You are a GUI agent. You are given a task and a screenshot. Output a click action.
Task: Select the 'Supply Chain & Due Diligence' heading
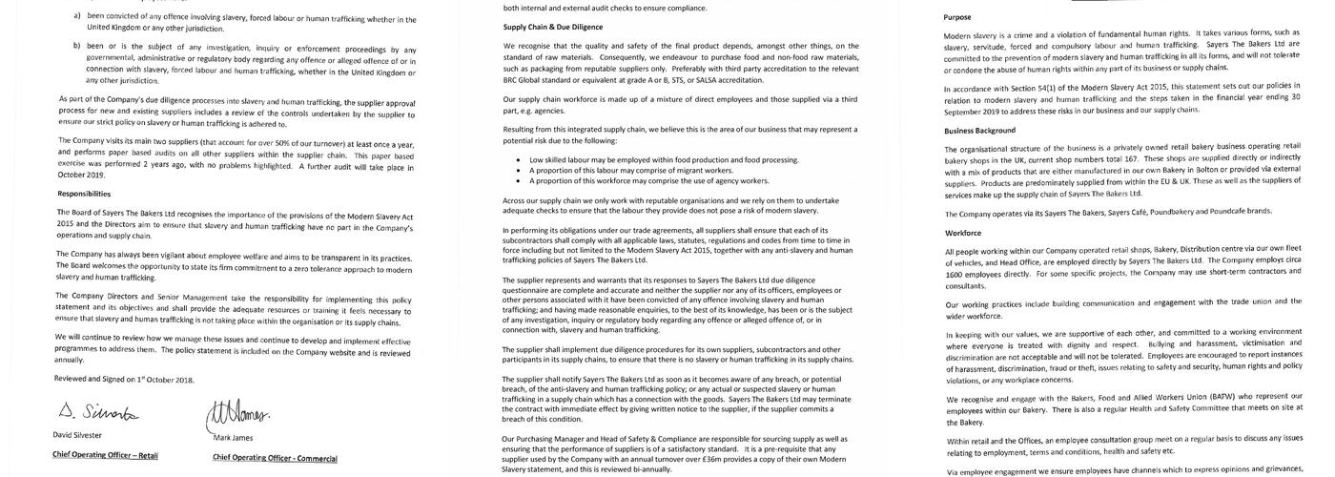(x=552, y=28)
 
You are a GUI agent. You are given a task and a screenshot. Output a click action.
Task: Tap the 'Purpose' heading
(x=958, y=17)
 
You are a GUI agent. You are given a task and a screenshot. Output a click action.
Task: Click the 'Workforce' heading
(x=962, y=232)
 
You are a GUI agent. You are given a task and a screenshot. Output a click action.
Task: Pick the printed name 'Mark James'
(x=234, y=437)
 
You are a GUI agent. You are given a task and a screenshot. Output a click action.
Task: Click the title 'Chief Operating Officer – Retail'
(x=105, y=455)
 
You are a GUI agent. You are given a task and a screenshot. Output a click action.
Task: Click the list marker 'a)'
(x=78, y=18)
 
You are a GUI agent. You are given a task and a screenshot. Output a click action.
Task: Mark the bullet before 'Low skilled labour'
(x=517, y=159)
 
